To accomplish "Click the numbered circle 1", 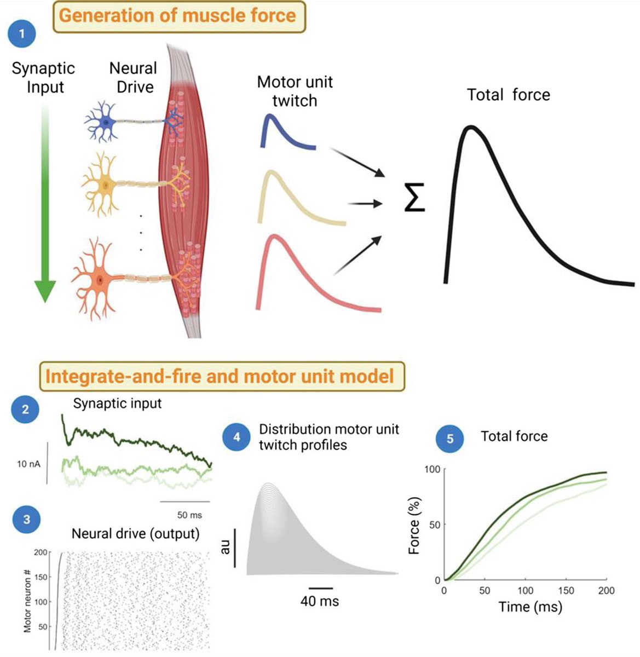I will (x=22, y=34).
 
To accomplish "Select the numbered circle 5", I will (x=450, y=438).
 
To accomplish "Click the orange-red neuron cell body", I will (x=100, y=280).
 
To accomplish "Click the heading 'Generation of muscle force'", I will (x=177, y=15).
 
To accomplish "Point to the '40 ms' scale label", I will (x=320, y=601).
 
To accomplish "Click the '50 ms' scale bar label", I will (x=189, y=515).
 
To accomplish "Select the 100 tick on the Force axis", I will (x=433, y=469).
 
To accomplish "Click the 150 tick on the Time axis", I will (x=566, y=591).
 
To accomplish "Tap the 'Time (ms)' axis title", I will (x=530, y=607).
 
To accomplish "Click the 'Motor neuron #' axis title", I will (x=28, y=600).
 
